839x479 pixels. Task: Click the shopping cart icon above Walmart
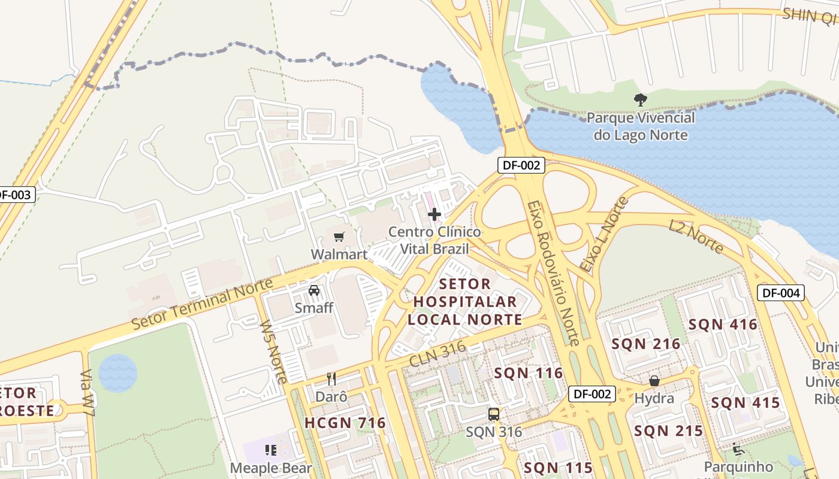pyautogui.click(x=339, y=237)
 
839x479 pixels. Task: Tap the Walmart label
pyautogui.click(x=339, y=254)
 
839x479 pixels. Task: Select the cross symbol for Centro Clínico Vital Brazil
pyautogui.click(x=434, y=214)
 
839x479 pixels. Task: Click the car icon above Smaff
pyautogui.click(x=313, y=290)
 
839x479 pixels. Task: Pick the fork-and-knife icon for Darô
pyautogui.click(x=331, y=378)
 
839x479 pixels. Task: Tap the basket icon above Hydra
pyautogui.click(x=654, y=381)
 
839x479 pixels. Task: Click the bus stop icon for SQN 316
pyautogui.click(x=493, y=414)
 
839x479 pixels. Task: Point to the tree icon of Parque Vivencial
pyautogui.click(x=640, y=100)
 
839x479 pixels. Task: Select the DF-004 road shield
pyautogui.click(x=780, y=293)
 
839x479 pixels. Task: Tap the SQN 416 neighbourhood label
pyautogui.click(x=723, y=325)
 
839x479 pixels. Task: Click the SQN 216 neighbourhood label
pyautogui.click(x=645, y=344)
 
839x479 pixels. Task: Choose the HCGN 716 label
pyautogui.click(x=345, y=423)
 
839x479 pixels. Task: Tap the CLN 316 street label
pyautogui.click(x=437, y=354)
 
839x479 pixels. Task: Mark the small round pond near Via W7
pyautogui.click(x=117, y=373)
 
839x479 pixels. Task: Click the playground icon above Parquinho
pyautogui.click(x=738, y=448)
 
